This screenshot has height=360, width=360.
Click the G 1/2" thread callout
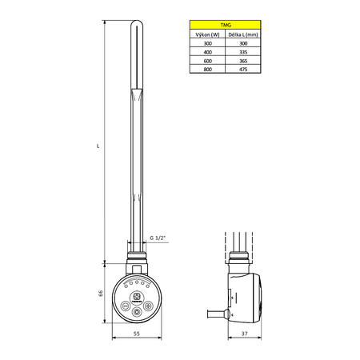(158, 238)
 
